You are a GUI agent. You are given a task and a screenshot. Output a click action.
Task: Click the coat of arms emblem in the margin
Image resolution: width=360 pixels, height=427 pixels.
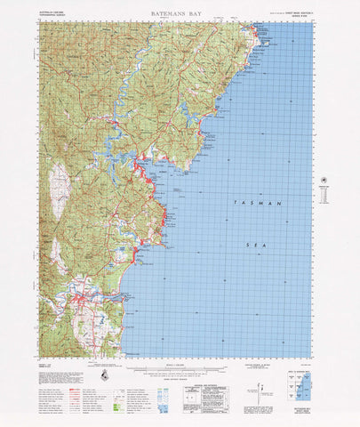click(x=106, y=375)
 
